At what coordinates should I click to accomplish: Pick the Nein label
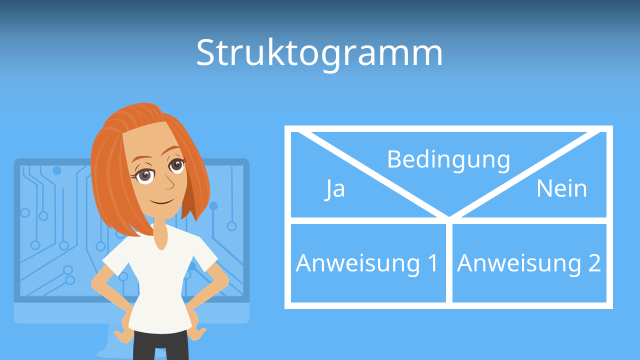coord(561,189)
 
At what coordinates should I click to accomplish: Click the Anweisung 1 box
coord(367,263)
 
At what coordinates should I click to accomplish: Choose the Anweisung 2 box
coord(529,263)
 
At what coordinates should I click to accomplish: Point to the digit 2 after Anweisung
coord(593,263)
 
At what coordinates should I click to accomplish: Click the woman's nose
coord(169,184)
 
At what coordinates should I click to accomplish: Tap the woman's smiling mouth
coord(162,202)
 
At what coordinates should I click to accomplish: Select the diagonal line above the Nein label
coord(525,175)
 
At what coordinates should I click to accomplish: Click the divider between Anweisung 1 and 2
coord(449,263)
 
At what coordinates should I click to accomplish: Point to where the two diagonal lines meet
coord(449,218)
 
